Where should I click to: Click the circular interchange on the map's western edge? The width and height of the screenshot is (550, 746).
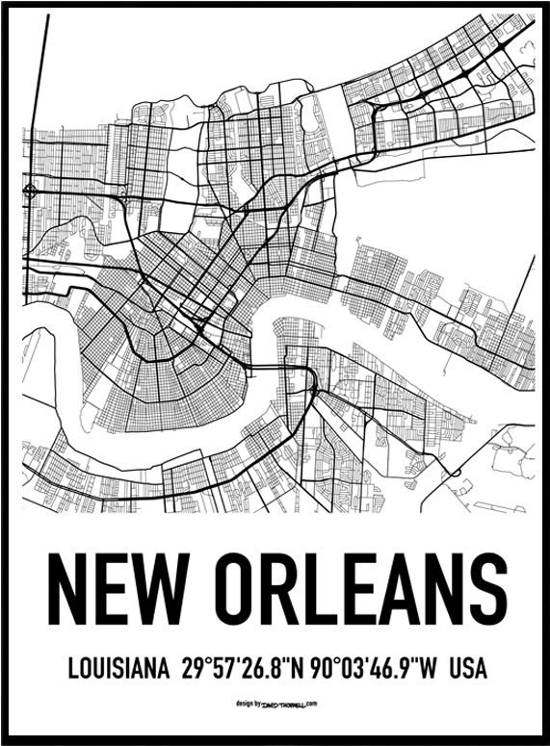[31, 191]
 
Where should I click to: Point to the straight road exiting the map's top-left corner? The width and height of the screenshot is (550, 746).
[39, 58]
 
